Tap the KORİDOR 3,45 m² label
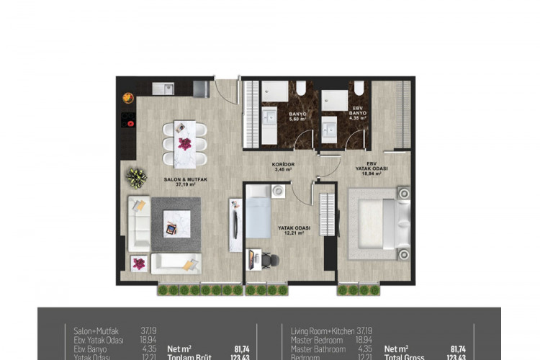pos(284,167)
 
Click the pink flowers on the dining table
pos(185,143)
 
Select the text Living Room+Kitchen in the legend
pos(323,330)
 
